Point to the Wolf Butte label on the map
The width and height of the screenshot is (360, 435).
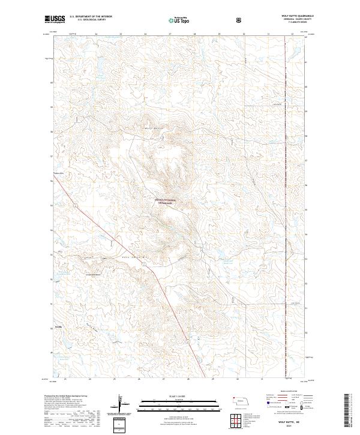(154, 128)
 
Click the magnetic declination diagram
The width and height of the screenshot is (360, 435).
(120, 405)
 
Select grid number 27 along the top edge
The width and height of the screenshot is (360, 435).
(170, 34)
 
